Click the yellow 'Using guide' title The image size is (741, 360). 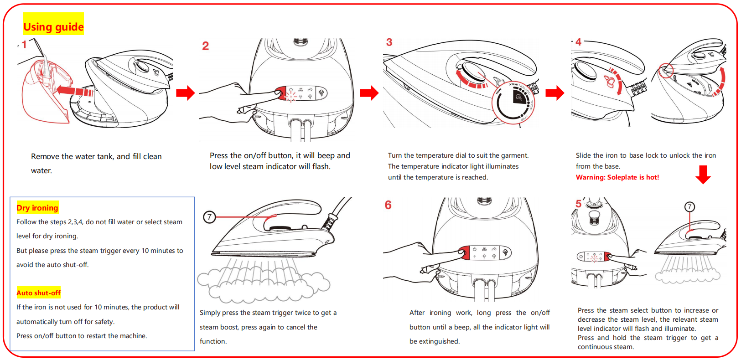click(53, 27)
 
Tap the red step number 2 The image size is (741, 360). click(206, 46)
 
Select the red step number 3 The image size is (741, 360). click(389, 42)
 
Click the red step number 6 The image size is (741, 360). click(388, 205)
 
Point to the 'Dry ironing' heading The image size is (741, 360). click(37, 208)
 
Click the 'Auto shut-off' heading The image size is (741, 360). click(39, 293)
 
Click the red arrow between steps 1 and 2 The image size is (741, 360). click(186, 93)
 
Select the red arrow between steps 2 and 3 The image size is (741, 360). click(369, 93)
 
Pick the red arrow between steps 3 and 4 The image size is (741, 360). click(554, 93)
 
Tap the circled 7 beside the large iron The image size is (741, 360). click(209, 217)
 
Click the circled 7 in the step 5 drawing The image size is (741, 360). click(689, 207)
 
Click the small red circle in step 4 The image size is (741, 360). click(666, 71)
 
